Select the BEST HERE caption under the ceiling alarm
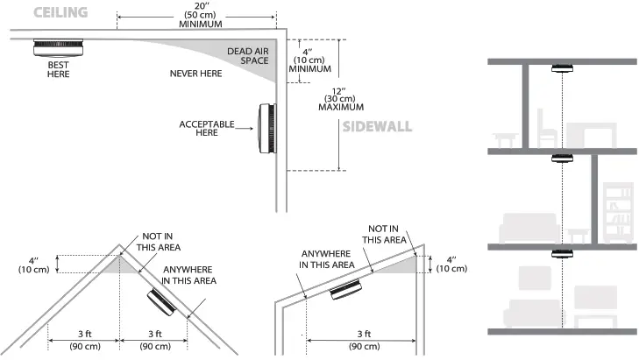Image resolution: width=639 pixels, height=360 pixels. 58,69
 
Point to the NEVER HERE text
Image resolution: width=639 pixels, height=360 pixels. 195,74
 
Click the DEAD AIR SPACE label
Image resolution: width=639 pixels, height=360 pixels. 248,56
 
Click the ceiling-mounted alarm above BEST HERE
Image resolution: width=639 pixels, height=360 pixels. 58,47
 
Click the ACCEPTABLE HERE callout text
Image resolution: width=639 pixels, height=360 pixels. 207,128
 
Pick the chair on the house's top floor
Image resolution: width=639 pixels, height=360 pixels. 547,128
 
